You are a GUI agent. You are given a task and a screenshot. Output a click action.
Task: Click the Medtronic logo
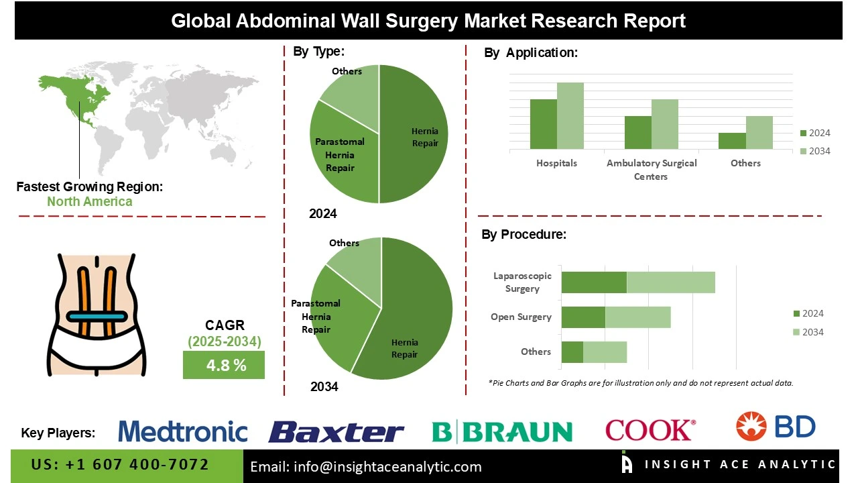[x=183, y=431]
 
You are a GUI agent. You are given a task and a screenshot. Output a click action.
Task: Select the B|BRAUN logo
[x=501, y=432]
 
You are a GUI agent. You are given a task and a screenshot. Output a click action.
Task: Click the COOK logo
[x=650, y=430]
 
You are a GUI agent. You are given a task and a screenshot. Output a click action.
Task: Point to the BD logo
[x=776, y=427]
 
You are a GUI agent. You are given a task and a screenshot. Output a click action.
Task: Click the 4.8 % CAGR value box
[x=224, y=366]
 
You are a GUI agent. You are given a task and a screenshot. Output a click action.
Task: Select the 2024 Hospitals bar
[x=543, y=124]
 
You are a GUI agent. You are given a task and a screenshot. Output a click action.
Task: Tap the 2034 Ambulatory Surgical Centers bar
[x=664, y=124]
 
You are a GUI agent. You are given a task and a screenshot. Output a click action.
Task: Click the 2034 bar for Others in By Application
[x=759, y=132]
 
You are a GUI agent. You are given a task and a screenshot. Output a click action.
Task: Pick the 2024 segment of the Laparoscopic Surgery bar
[x=594, y=282]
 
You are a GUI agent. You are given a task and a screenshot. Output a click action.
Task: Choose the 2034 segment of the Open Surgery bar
[x=637, y=317]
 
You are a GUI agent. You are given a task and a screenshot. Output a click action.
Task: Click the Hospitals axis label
[x=556, y=163]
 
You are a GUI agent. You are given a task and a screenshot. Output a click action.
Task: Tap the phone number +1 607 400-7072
[x=121, y=465]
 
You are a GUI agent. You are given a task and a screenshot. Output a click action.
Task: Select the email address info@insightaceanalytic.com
[x=366, y=467]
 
